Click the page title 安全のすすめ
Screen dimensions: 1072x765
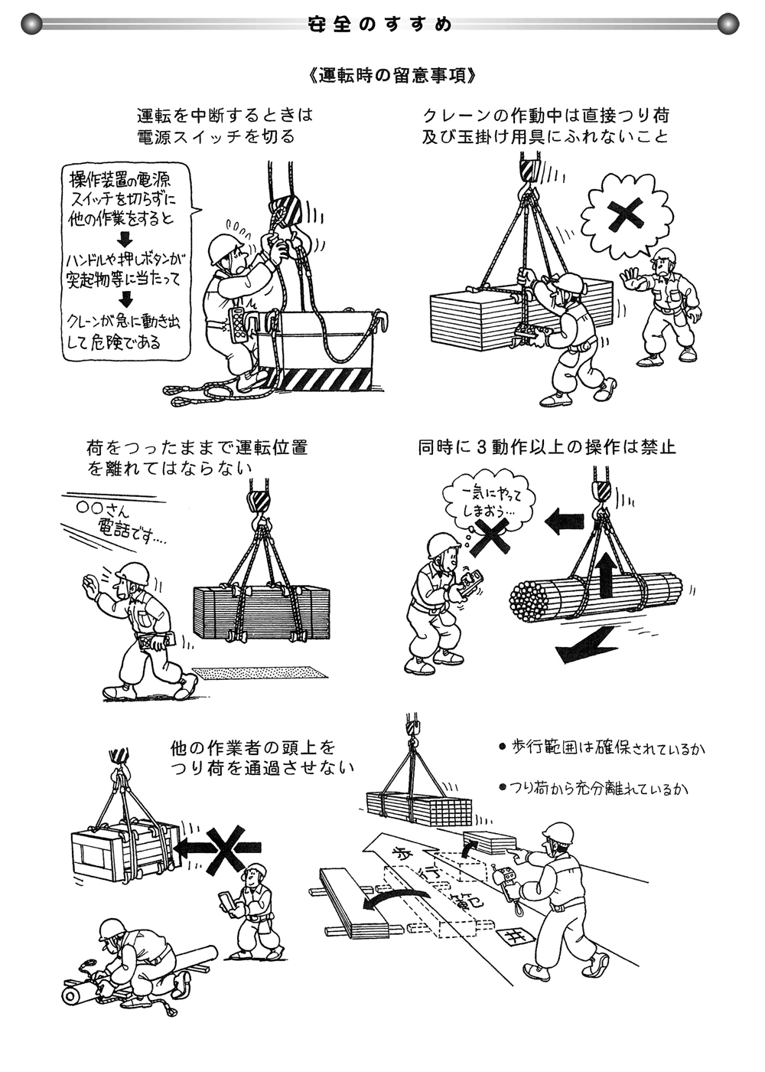tap(380, 25)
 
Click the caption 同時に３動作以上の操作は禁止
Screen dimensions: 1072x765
tap(546, 447)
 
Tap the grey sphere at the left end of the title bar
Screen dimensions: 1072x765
tap(31, 25)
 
